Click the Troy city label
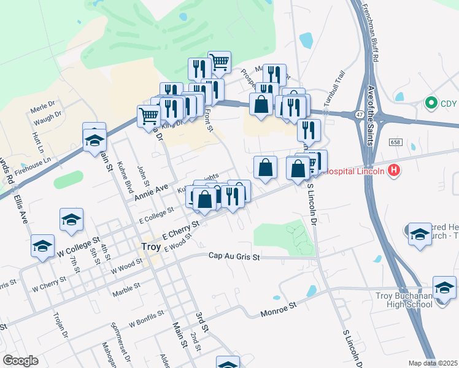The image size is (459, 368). click(151, 247)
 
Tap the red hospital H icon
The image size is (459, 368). click(395, 171)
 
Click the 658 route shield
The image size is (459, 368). click(395, 142)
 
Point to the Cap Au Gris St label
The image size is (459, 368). click(234, 256)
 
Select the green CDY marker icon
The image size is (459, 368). click(431, 103)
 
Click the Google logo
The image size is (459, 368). click(20, 361)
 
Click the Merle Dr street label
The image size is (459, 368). click(43, 105)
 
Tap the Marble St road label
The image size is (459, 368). click(126, 289)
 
